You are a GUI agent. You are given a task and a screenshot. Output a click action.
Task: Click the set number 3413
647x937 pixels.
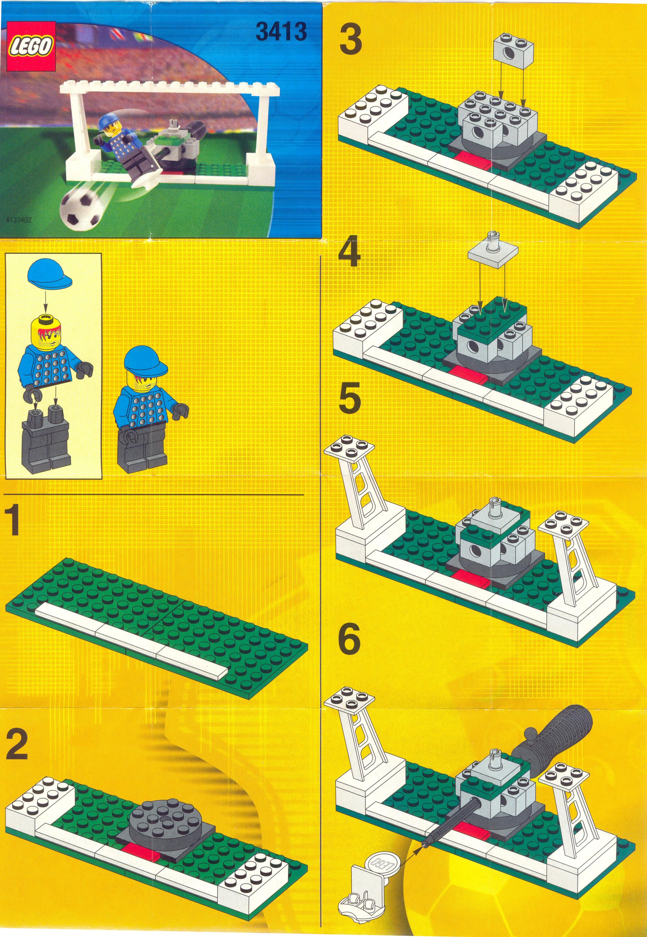click(x=281, y=31)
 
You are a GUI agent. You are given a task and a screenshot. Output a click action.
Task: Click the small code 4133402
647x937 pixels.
click(x=19, y=220)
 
